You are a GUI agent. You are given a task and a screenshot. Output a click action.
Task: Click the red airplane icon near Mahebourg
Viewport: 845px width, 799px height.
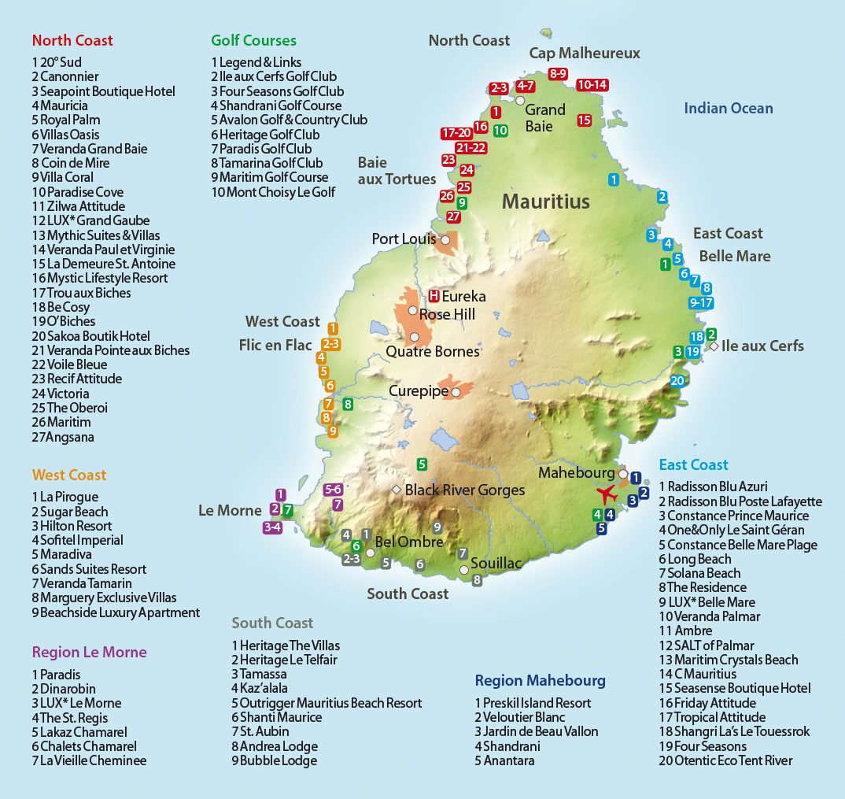click(x=606, y=495)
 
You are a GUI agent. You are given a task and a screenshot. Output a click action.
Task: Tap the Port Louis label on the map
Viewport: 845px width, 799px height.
click(x=404, y=239)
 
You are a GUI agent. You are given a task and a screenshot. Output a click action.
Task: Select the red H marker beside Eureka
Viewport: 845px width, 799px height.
click(x=434, y=297)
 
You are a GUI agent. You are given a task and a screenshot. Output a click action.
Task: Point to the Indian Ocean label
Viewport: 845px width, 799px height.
click(x=728, y=109)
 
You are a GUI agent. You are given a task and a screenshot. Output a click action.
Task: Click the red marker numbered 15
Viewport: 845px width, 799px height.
click(x=584, y=120)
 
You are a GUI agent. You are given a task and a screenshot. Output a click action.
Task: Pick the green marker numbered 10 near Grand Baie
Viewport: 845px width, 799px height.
click(x=500, y=130)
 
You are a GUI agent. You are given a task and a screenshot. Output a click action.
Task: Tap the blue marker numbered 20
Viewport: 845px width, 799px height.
click(x=677, y=381)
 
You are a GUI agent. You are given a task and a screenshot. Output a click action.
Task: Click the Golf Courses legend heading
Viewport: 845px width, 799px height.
click(x=253, y=40)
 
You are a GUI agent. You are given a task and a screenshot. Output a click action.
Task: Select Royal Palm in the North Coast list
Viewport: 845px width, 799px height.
click(x=69, y=120)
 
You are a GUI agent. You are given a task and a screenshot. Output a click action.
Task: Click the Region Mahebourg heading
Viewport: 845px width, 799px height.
click(x=540, y=681)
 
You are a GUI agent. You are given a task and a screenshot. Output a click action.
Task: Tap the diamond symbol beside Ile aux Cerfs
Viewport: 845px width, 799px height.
click(x=713, y=346)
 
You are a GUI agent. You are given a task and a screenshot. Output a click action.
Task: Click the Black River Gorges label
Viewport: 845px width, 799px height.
click(x=464, y=490)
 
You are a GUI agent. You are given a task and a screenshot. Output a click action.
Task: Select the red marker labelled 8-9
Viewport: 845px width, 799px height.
click(x=558, y=74)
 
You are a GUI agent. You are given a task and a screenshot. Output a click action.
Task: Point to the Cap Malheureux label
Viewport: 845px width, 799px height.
click(x=584, y=54)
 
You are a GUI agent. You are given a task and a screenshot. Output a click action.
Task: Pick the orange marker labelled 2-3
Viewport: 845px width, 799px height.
click(x=330, y=344)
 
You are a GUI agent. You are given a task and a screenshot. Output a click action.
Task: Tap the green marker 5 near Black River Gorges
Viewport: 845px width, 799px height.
click(x=422, y=464)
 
